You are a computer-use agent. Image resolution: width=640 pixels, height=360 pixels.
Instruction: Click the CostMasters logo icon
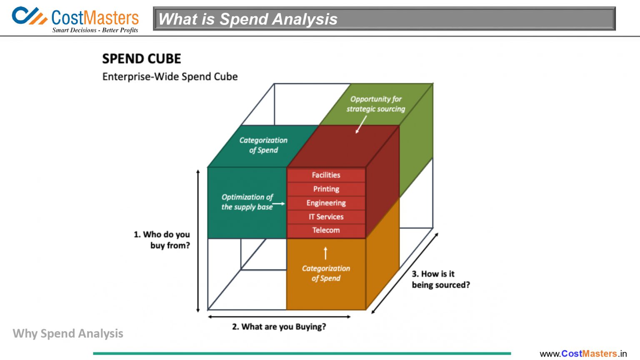click(29, 16)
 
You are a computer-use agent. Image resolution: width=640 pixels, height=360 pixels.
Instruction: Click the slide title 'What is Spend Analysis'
click(248, 19)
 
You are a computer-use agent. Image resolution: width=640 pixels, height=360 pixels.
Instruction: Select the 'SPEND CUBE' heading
click(142, 59)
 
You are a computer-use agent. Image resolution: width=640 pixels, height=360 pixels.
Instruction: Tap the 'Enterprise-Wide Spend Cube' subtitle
click(170, 77)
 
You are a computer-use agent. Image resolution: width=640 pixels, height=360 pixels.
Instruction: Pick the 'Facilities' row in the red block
click(326, 175)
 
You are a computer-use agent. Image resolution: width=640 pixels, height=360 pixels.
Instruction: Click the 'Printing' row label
click(326, 189)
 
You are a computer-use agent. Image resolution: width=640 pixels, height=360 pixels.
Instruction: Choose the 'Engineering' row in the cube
click(326, 203)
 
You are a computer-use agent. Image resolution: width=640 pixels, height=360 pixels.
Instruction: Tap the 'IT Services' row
click(326, 217)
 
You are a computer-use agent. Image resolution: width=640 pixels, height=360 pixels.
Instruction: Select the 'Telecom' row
click(326, 230)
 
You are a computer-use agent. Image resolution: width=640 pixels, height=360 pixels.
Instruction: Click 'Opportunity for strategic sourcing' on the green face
click(375, 104)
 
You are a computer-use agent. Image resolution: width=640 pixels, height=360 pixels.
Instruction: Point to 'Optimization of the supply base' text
click(247, 202)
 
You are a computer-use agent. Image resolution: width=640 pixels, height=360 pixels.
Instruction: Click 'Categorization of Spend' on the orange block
click(326, 273)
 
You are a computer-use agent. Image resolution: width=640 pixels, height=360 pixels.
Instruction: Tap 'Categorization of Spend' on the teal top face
click(263, 145)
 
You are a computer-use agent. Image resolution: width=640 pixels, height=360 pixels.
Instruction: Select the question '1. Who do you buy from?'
click(162, 240)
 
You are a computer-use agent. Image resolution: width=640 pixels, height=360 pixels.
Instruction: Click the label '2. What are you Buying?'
click(279, 327)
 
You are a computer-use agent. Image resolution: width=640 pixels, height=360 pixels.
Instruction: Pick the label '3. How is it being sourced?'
click(440, 279)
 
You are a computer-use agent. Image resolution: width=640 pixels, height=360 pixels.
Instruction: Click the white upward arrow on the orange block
click(326, 253)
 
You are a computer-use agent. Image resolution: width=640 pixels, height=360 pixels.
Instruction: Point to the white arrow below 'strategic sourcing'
click(361, 124)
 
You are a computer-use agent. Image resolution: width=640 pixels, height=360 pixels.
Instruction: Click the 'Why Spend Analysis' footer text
click(68, 333)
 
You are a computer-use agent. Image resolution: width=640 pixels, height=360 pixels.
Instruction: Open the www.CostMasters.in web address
click(583, 354)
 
